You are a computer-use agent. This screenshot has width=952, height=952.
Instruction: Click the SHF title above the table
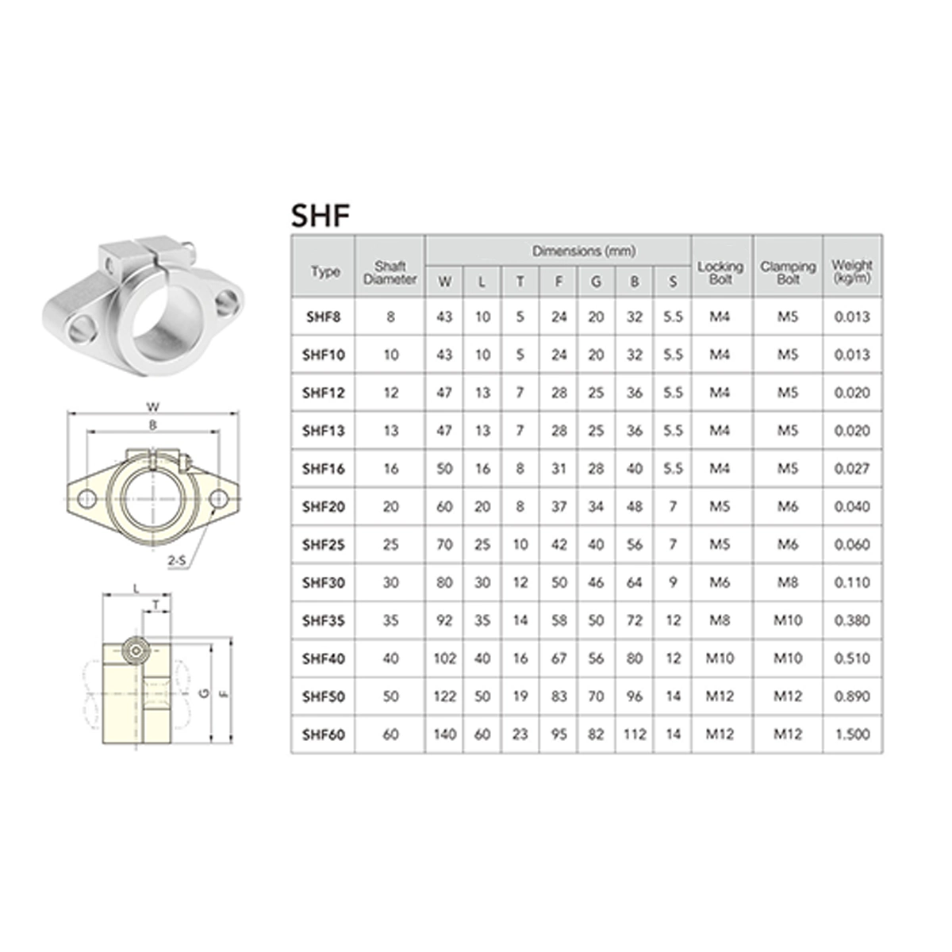(x=321, y=216)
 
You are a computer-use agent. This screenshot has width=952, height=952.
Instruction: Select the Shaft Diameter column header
(x=390, y=273)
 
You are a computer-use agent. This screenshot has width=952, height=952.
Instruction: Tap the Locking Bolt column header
(x=720, y=273)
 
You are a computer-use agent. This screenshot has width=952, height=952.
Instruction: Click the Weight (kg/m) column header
(x=852, y=271)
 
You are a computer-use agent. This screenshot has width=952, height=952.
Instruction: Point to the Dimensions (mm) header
(x=583, y=251)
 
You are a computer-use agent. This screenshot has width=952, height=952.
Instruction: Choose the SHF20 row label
(x=324, y=507)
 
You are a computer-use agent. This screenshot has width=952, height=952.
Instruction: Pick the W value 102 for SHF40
(x=444, y=658)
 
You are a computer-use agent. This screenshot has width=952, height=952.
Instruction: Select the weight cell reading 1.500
(x=852, y=735)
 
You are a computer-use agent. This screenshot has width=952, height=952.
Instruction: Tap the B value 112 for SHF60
(x=635, y=735)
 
